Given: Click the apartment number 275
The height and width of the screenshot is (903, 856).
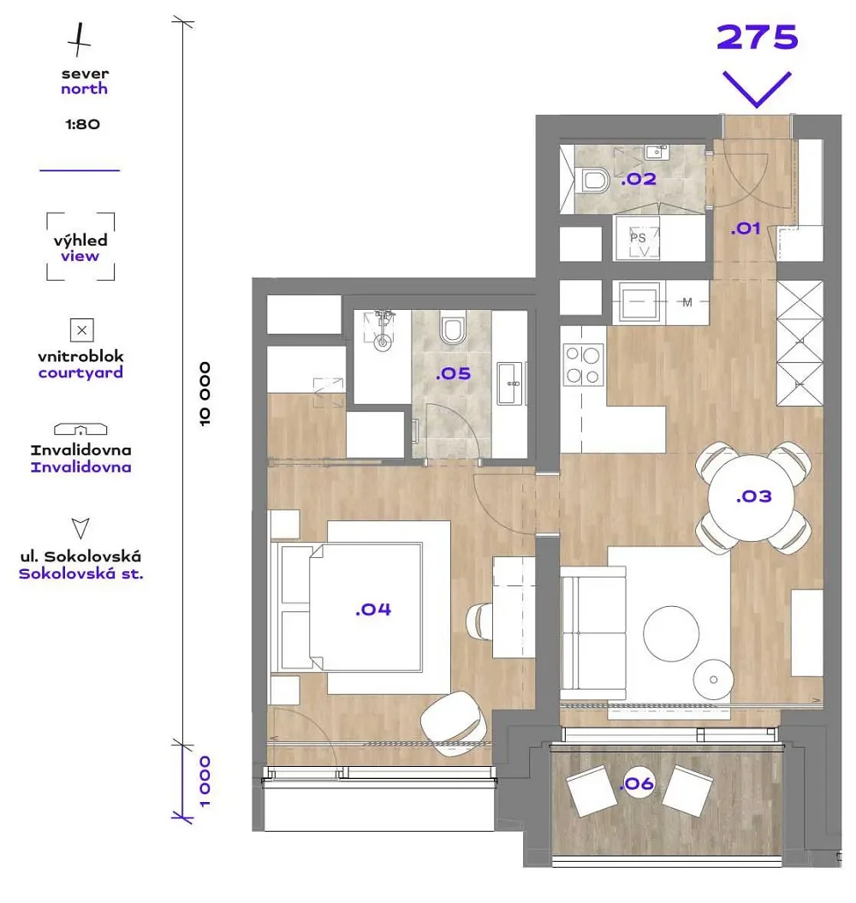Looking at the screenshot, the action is point(757,38).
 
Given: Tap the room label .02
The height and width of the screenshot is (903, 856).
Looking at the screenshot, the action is point(639,179).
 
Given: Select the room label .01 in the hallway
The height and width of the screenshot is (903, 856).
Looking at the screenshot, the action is point(746,229).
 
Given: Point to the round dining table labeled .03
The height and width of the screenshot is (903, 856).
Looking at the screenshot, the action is point(752,497).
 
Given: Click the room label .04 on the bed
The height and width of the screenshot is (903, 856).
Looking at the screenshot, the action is point(373,609).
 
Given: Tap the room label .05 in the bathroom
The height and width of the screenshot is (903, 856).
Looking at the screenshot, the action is point(454,374).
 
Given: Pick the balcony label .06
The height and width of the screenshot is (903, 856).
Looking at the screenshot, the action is point(638,783).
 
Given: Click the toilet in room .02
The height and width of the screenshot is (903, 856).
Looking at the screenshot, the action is point(592,181).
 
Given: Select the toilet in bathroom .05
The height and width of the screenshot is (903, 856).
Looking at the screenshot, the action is point(453,328).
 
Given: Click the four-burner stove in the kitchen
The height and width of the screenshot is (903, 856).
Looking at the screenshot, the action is point(583,365).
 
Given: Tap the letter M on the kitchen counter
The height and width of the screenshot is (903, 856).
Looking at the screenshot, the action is point(687,302).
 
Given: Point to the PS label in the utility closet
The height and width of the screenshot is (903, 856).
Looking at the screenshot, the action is point(638,237).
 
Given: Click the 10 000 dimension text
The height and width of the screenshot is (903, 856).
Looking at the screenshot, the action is point(205,394).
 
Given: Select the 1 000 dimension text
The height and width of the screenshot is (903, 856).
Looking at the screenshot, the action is point(205,781).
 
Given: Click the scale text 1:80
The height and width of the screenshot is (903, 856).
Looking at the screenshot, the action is point(82,124).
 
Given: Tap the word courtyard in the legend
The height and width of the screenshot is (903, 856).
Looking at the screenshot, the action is point(80,372).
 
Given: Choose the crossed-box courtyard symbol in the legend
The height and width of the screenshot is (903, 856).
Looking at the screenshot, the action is point(82,330).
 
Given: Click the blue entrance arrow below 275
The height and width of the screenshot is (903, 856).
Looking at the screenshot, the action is point(757,89).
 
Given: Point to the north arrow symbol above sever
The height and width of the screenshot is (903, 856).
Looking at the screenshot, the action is point(79,40).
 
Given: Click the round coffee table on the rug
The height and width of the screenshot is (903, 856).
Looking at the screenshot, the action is point(671,633).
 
